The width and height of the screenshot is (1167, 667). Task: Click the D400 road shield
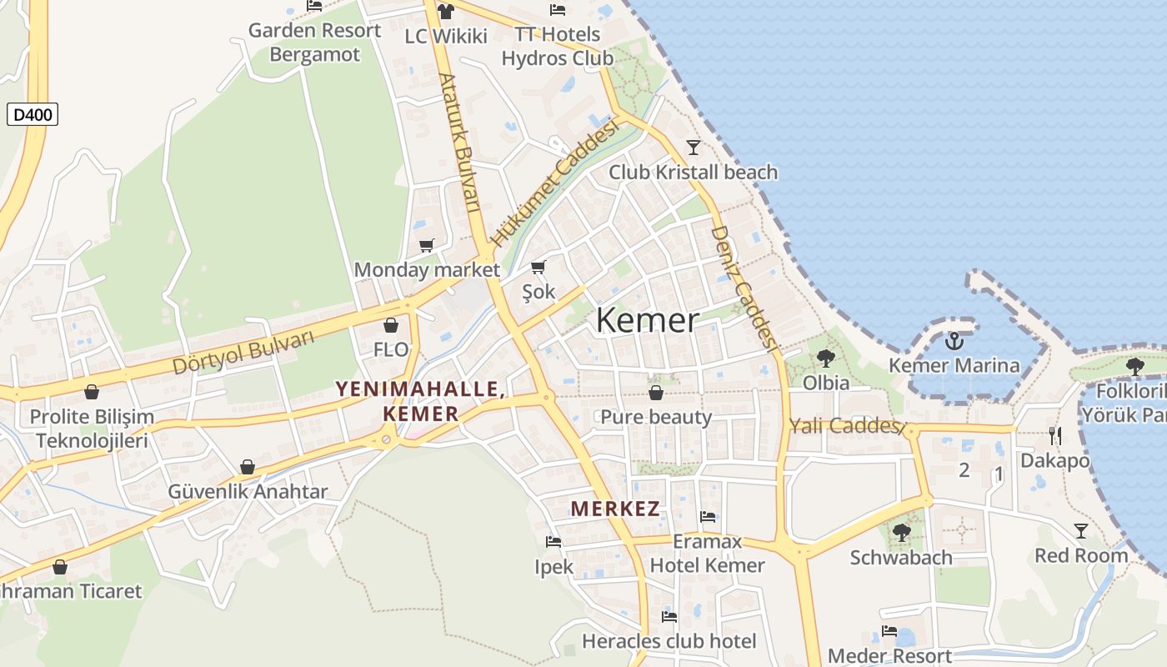tap(33, 114)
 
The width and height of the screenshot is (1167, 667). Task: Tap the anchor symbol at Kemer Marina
tap(954, 340)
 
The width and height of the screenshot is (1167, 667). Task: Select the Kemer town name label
tap(647, 321)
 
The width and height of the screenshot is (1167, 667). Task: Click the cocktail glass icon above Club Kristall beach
tap(693, 148)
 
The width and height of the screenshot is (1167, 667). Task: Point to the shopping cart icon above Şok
tap(538, 268)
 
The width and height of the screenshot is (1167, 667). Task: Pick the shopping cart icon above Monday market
tap(427, 245)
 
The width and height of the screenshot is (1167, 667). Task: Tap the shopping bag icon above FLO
tap(391, 325)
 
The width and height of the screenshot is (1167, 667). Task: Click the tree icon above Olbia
tap(826, 359)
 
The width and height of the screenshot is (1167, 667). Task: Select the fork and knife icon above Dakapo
tap(1054, 435)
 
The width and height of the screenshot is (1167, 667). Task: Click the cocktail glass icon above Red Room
tap(1081, 530)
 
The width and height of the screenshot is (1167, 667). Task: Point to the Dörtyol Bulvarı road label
tap(243, 352)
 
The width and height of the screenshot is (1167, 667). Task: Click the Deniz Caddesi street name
tap(744, 288)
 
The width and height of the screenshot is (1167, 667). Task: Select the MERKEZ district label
tap(615, 509)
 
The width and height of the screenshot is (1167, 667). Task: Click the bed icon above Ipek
tap(553, 542)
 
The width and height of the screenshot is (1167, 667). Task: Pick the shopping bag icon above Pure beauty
tap(656, 393)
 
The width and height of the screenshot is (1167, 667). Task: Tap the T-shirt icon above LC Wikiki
tap(446, 12)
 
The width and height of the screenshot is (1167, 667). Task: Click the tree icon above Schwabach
tap(901, 532)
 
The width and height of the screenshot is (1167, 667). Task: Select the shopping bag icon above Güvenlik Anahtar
tap(248, 467)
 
